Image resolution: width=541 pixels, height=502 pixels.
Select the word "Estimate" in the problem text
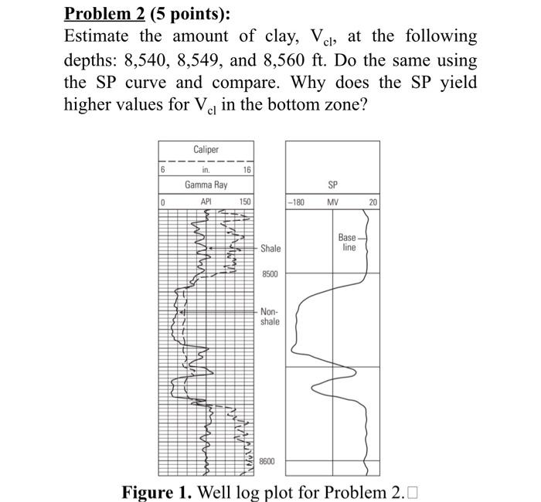97,36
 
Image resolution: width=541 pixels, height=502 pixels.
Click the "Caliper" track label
206,149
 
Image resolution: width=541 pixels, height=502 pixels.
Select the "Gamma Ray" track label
206,185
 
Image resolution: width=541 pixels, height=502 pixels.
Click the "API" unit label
206,202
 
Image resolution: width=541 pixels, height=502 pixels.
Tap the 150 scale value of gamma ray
245,202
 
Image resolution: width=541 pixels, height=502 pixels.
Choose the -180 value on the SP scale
296,202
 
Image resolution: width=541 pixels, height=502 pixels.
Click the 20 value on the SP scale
373,202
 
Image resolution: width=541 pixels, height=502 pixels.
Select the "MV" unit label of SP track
333,202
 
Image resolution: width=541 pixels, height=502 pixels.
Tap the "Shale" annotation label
270,249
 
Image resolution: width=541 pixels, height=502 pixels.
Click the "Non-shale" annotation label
270,316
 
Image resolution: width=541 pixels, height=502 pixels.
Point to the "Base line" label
348,243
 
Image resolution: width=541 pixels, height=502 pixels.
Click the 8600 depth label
267,461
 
